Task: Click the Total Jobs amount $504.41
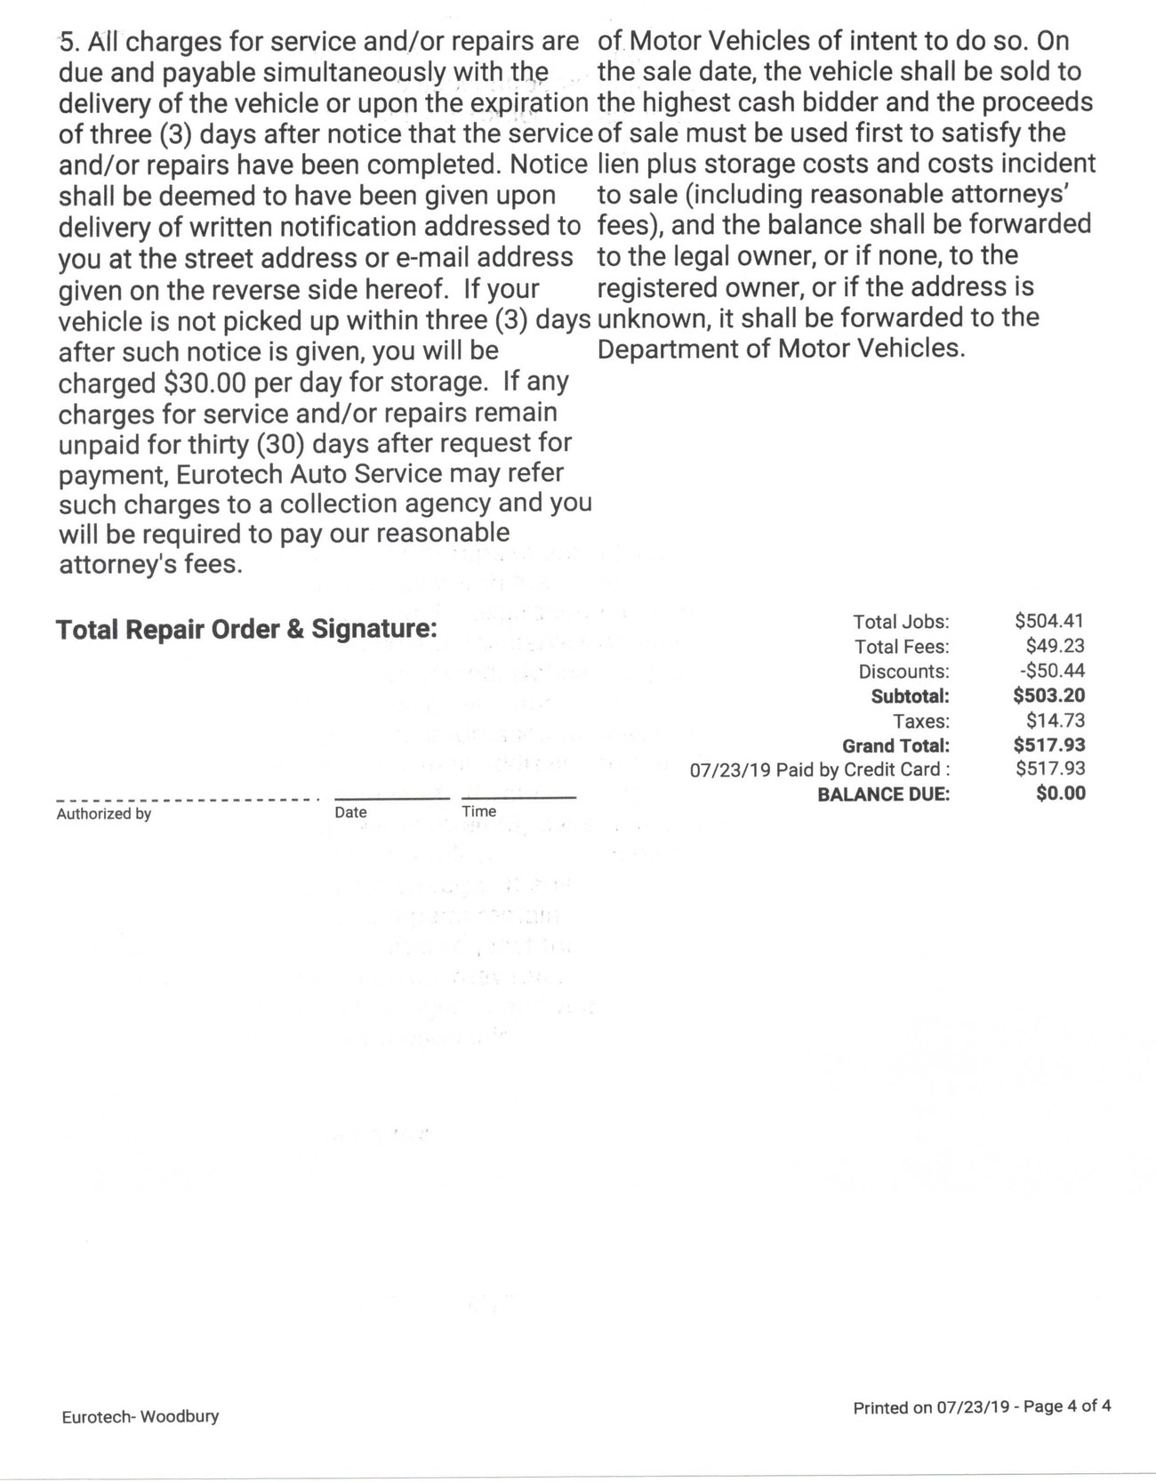click(x=1049, y=622)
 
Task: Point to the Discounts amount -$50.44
click(x=1052, y=672)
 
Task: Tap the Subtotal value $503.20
click(x=1049, y=696)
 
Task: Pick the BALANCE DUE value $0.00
click(x=1061, y=793)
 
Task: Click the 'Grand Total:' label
click(x=895, y=745)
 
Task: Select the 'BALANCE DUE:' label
click(x=883, y=794)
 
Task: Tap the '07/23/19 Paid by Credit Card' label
click(x=815, y=769)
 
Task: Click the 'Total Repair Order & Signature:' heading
click(x=246, y=630)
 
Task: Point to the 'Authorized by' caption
click(x=104, y=813)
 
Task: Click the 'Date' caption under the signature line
click(x=350, y=812)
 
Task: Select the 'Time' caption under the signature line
click(x=478, y=811)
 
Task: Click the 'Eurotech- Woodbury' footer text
click(x=140, y=1416)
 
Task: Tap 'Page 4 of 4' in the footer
click(x=1067, y=1406)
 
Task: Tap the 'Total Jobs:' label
click(x=901, y=622)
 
